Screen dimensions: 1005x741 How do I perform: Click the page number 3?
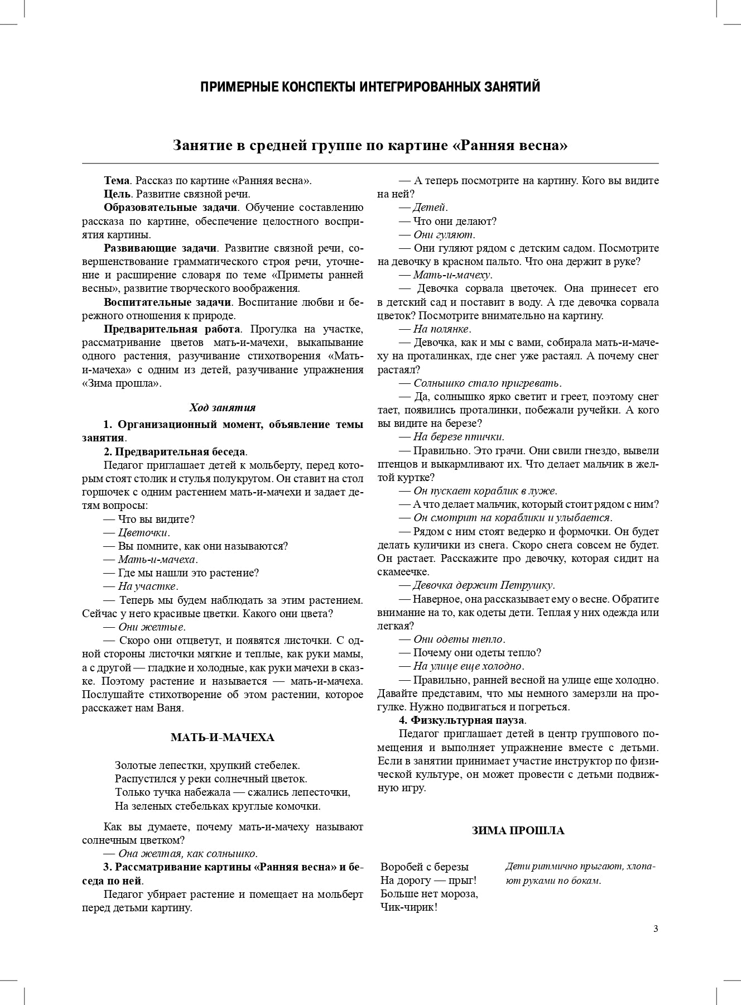coord(656,929)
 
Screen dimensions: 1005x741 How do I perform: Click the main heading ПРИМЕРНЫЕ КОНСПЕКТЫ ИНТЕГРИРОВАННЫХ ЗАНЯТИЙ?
coord(370,87)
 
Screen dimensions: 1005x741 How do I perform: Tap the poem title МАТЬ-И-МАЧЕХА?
coord(222,738)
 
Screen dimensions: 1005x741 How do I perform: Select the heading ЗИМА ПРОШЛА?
coord(518,830)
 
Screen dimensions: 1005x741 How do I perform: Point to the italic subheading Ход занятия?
coord(222,407)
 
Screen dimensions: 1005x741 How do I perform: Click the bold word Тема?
coord(117,181)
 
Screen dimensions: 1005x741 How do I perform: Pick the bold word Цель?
coord(117,194)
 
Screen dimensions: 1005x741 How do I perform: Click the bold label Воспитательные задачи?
coord(167,302)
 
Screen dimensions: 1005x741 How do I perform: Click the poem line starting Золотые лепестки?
coord(207,765)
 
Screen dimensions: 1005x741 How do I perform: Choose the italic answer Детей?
coord(430,208)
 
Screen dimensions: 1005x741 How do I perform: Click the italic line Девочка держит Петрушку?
coord(483,585)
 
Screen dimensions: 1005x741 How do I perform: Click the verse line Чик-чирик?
coord(408,907)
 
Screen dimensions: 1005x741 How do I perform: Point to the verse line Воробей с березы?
coord(424,867)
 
